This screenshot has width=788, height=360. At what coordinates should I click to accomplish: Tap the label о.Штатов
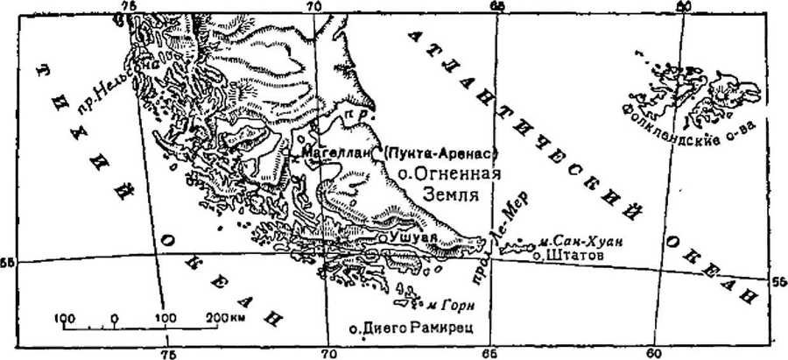tap(566, 256)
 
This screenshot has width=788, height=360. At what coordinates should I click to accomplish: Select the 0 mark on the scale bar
tap(113, 316)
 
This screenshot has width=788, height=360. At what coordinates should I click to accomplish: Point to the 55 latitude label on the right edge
tap(777, 280)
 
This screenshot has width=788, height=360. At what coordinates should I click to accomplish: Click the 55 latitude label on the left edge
tap(9, 262)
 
